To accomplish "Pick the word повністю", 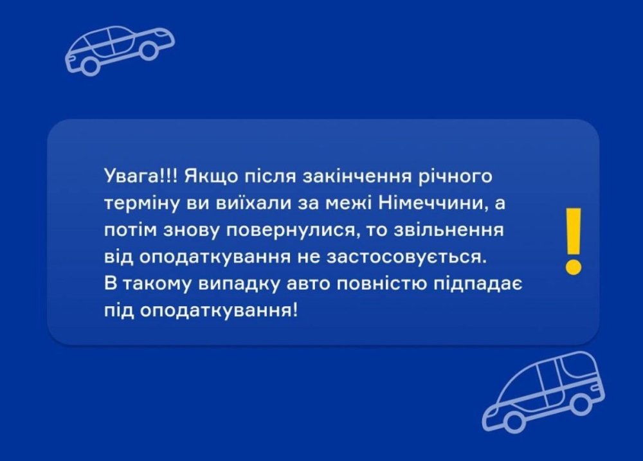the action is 381,284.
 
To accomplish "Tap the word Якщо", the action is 210,177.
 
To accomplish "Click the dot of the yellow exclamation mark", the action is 574,266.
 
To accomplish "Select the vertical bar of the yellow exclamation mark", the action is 574,231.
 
